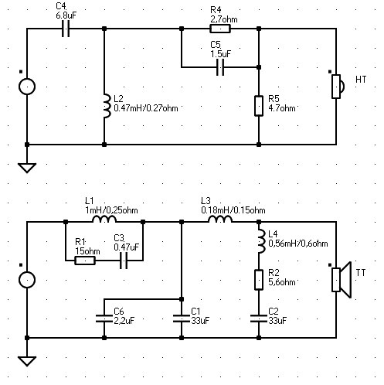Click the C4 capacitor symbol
tap(66, 29)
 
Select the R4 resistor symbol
tap(220, 29)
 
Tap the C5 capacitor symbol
tap(220, 67)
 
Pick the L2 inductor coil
tap(107, 106)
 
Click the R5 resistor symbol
tap(259, 106)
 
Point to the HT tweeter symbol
tap(338, 87)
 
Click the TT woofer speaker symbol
tap(342, 280)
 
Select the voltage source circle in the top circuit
tap(27, 87)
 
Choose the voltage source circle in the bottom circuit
tap(27, 280)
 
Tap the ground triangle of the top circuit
tap(27, 168)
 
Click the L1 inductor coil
tap(104, 219)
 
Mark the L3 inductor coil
tap(220, 219)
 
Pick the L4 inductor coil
tap(262, 241)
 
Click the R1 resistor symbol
tap(85, 261)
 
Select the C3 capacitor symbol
tap(124, 261)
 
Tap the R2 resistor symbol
tap(259, 280)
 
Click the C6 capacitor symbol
tap(104, 319)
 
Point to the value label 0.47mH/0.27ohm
tap(146, 108)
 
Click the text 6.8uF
tap(66, 15)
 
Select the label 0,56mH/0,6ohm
tap(298, 244)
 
